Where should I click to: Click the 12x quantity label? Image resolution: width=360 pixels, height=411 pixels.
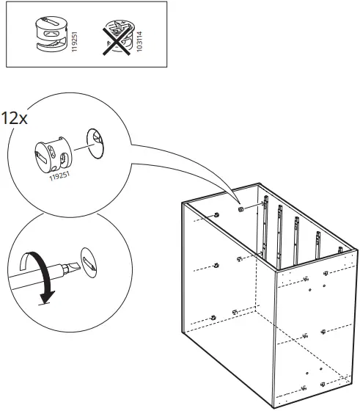point(15,118)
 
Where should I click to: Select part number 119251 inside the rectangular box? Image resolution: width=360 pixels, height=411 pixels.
point(75,42)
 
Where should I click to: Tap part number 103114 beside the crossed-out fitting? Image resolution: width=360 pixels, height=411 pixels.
point(139,41)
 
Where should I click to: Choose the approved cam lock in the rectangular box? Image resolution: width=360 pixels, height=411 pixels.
point(51,34)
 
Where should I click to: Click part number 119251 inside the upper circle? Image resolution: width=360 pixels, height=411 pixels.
point(60,176)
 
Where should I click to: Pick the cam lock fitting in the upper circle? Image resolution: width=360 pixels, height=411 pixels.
point(53,155)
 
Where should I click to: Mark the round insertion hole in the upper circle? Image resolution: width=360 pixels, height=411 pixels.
point(95,143)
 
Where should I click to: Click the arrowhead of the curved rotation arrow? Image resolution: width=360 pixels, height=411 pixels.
point(47,297)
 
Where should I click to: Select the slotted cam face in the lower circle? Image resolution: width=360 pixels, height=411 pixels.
point(89,263)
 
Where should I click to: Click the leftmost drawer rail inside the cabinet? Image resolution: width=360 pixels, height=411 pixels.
point(265,226)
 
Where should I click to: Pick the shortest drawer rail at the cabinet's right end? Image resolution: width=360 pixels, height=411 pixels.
point(340,250)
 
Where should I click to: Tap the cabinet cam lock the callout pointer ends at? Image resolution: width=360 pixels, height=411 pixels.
point(241,209)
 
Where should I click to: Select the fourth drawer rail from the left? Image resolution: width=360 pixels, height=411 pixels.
point(318,244)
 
